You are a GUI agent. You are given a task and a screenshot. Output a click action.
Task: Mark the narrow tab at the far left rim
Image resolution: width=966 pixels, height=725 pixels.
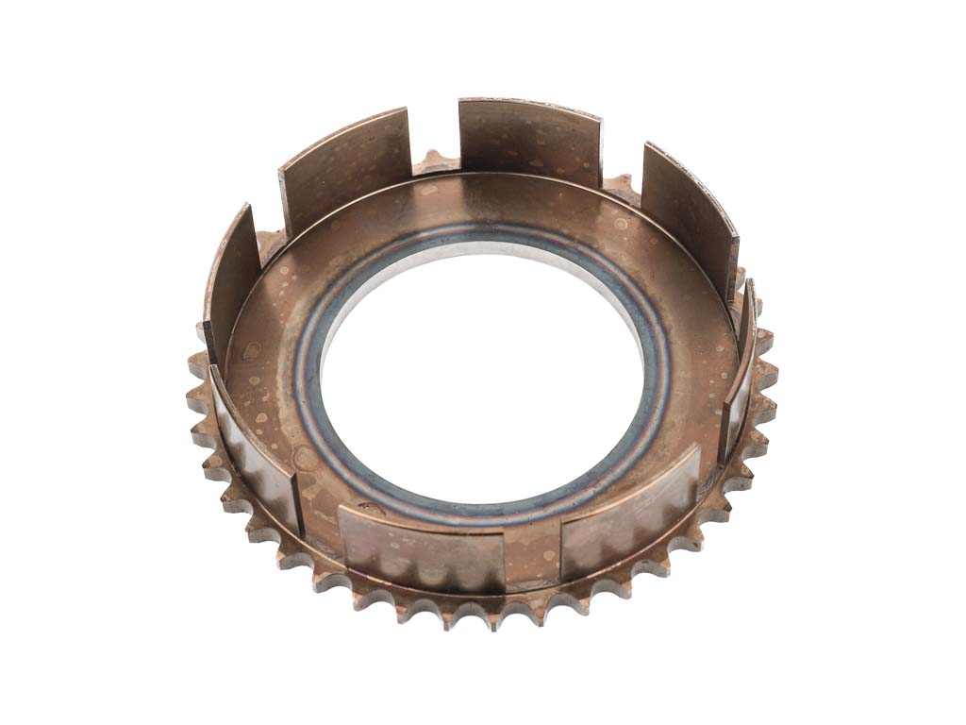coord(231,283)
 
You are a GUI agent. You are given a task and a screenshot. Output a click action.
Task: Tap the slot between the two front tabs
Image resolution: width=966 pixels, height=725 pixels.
coord(532,557)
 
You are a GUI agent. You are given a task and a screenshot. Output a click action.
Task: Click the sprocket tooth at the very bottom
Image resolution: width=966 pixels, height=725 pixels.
coord(491,617)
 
